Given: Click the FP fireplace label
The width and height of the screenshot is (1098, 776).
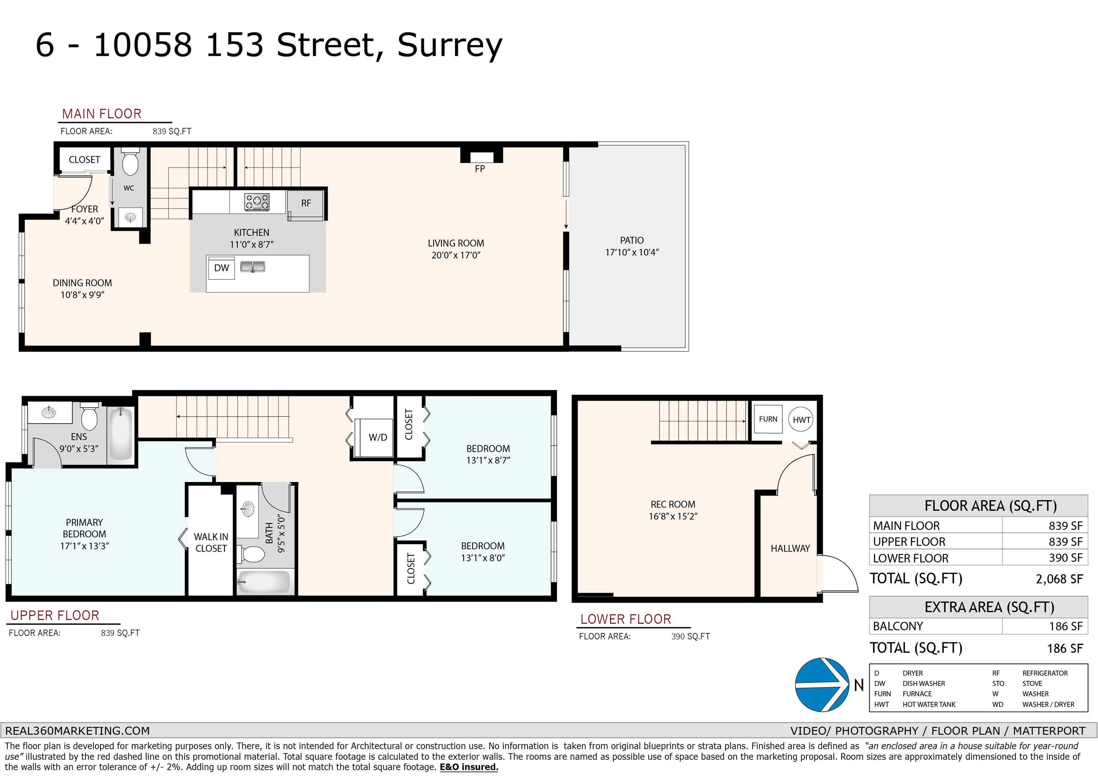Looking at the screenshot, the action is (480, 169).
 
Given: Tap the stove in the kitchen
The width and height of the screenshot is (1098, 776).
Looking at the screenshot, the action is (257, 202).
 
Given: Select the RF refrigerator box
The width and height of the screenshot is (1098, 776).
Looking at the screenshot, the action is (306, 205).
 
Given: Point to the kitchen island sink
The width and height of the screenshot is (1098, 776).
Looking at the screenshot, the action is (252, 266).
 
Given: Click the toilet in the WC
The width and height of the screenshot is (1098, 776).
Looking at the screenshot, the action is (130, 161).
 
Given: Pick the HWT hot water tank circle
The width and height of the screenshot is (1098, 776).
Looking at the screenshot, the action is (801, 419).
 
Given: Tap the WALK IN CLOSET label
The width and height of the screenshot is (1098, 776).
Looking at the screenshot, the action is (211, 543).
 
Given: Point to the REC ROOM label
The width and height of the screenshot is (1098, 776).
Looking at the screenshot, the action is (673, 504).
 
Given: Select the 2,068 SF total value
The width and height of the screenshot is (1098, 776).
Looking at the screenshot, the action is (1059, 579).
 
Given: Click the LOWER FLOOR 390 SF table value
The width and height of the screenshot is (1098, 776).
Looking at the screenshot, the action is (1065, 558).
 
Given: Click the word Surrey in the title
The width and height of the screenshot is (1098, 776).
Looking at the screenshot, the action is (450, 46).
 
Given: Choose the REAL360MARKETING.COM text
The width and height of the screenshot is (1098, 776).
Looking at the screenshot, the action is (78, 731).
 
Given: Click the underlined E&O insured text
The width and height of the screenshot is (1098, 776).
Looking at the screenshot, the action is (469, 767).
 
